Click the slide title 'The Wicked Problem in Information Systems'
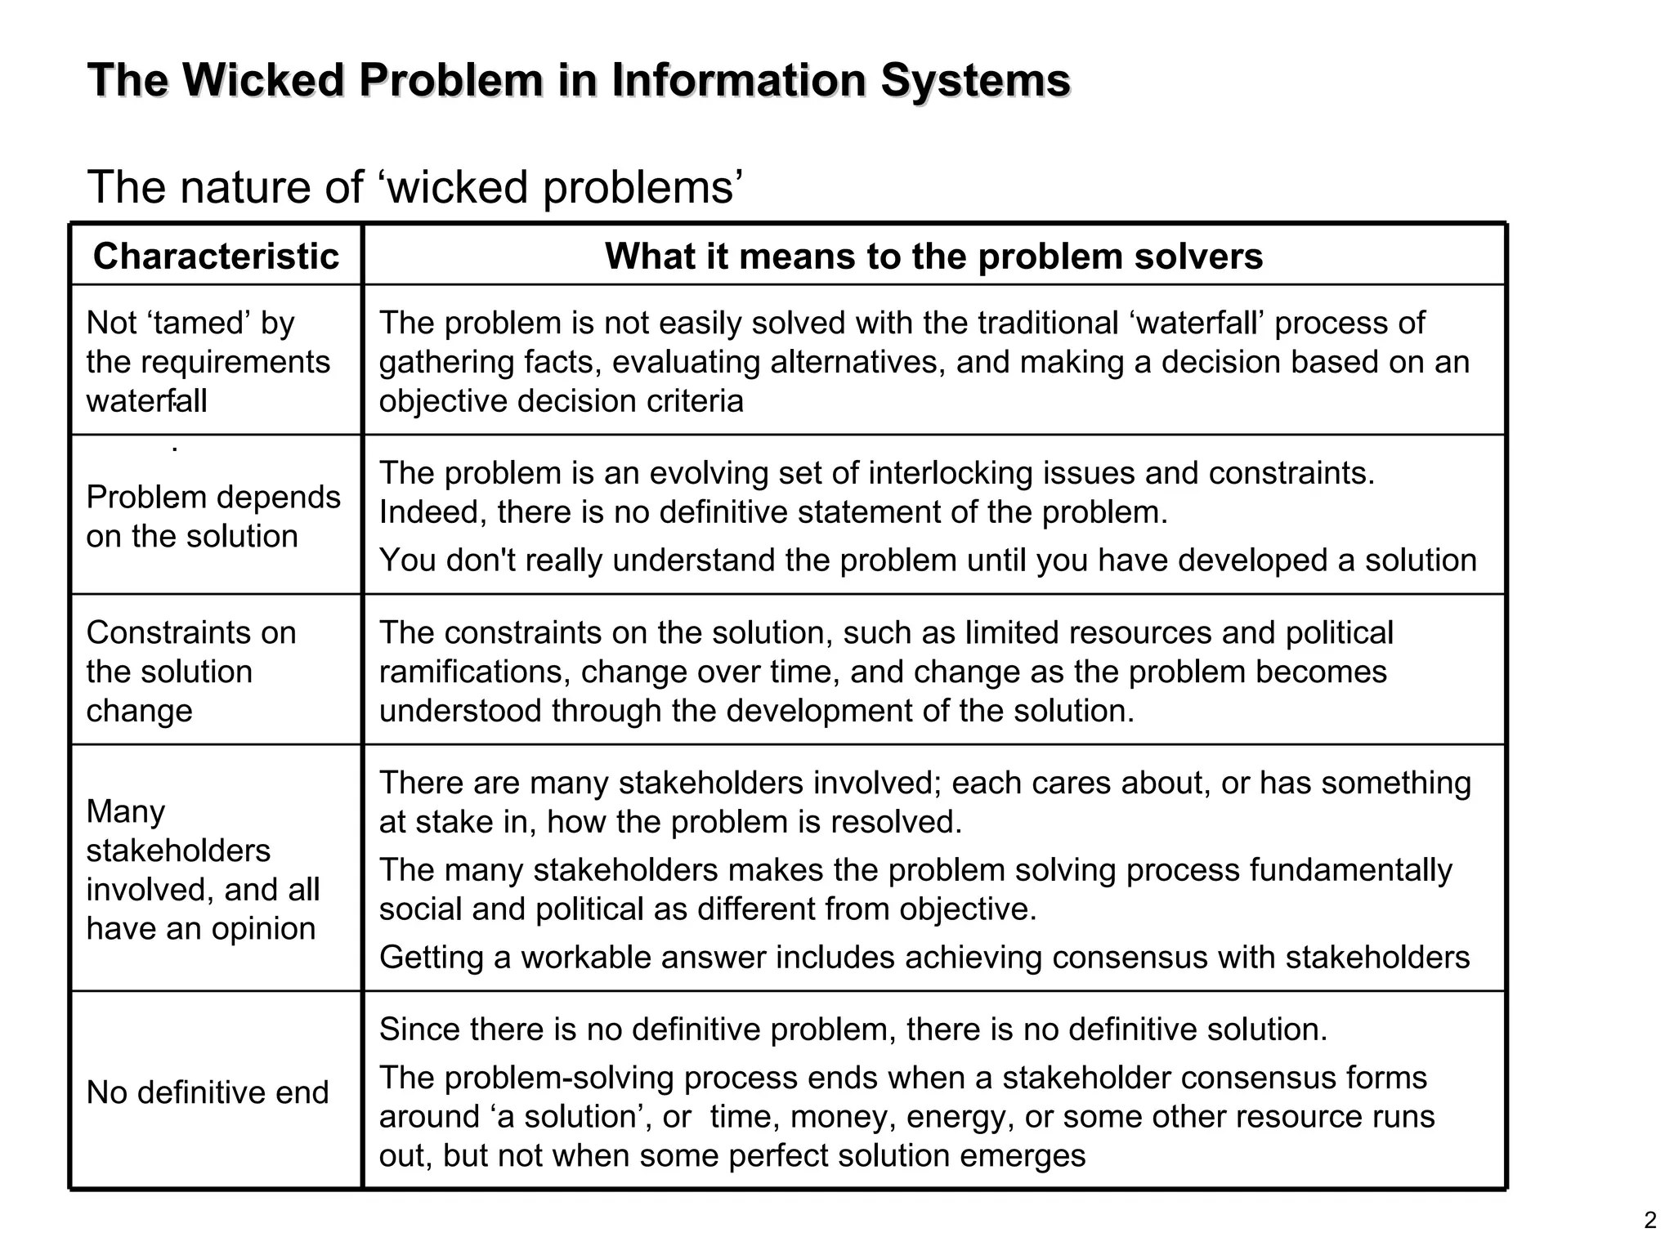(579, 81)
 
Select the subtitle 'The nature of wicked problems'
(414, 187)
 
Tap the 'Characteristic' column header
(216, 257)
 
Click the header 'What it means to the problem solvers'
(933, 257)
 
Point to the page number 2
(1649, 1221)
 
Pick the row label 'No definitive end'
(208, 1092)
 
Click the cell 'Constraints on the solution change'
(190, 672)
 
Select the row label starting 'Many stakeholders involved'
(202, 870)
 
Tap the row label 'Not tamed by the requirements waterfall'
(208, 362)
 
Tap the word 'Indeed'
(432, 513)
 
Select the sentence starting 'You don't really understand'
(928, 561)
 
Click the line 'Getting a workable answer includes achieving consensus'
(924, 958)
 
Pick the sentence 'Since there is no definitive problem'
(853, 1029)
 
